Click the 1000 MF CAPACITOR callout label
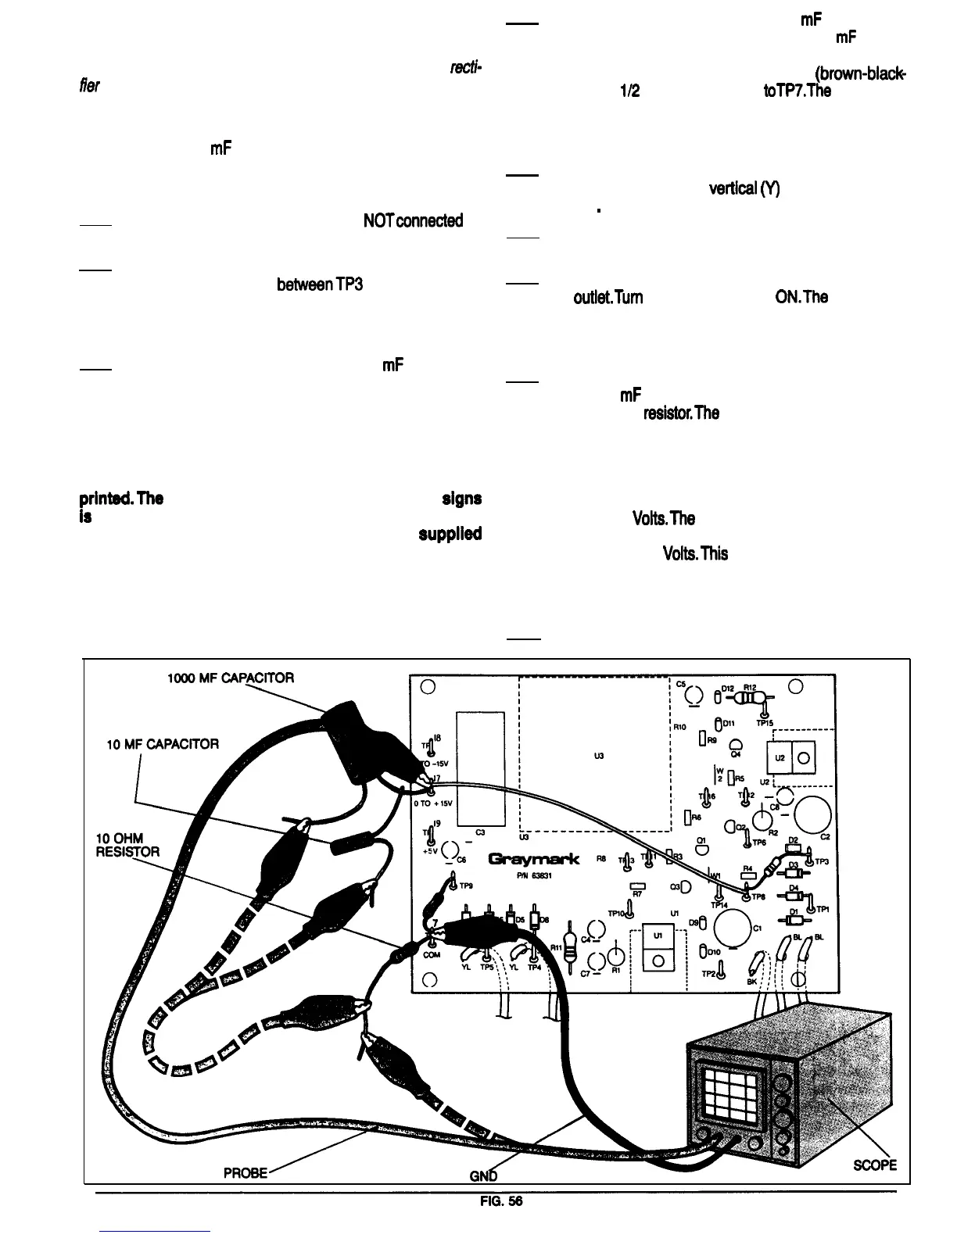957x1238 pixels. pos(230,678)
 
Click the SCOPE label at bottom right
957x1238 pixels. pos(874,1165)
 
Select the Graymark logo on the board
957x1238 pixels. pos(534,860)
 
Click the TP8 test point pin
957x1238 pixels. pos(746,897)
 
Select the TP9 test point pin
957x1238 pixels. pos(453,884)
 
